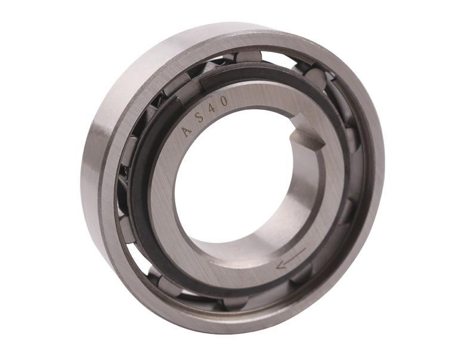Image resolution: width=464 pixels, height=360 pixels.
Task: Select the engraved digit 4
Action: tap(212, 107)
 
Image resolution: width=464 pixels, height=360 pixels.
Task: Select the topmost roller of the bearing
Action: tap(249, 57)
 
